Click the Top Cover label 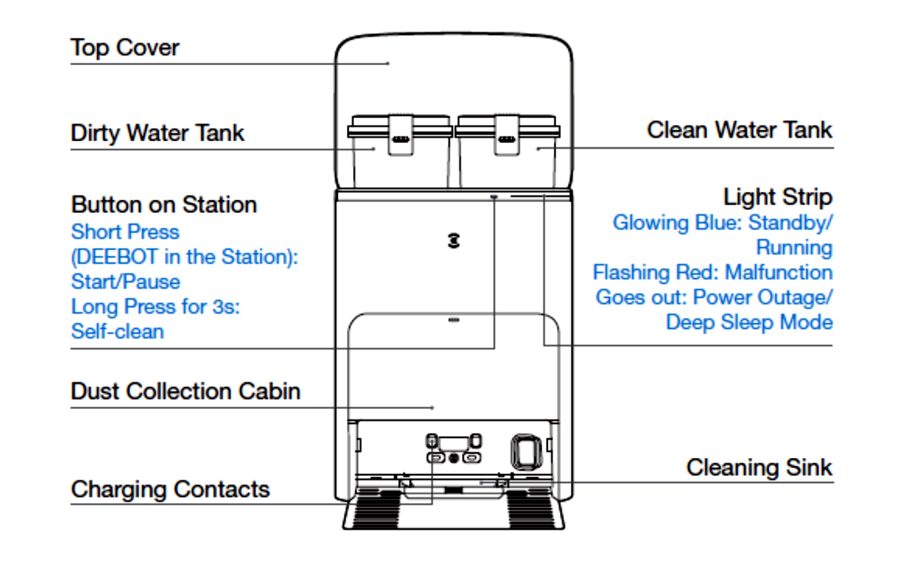[125, 48]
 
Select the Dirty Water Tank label [157, 133]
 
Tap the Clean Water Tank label [739, 130]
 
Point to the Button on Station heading [164, 204]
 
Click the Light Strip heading [778, 197]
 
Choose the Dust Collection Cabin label [185, 391]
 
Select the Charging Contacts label [170, 489]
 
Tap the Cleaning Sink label [759, 467]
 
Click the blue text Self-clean [118, 331]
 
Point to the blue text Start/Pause [125, 282]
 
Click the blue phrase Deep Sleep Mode [749, 322]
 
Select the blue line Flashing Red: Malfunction [713, 272]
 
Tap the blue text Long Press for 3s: [156, 306]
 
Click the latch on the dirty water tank [401, 136]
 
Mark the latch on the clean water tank [507, 136]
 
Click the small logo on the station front [454, 241]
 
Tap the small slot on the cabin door [454, 320]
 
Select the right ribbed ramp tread [531, 510]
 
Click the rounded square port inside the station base [526, 451]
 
